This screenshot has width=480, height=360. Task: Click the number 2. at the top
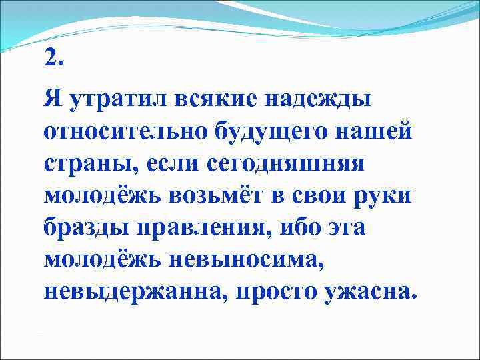(x=53, y=59)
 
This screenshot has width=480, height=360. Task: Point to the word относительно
(x=126, y=132)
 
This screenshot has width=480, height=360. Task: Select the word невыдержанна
(x=135, y=292)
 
